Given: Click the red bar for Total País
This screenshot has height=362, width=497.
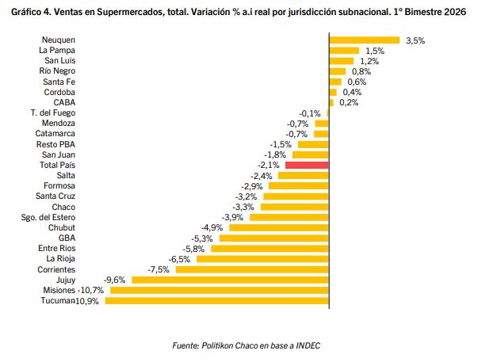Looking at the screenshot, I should coord(307,165).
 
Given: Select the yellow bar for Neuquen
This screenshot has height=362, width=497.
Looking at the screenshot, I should coord(364,40).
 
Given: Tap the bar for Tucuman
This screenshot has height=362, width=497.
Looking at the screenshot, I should coord(216,301).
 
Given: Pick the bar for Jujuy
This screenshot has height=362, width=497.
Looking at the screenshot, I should coord(230,280).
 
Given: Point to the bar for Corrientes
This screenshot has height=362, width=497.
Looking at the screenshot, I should coord(252,269).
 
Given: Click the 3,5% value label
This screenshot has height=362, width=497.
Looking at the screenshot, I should coord(415,40).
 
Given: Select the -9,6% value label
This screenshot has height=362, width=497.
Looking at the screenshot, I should coord(115,280).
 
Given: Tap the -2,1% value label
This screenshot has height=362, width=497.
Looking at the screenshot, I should coord(270,165).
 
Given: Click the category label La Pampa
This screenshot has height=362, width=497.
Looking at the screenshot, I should coord(57,50).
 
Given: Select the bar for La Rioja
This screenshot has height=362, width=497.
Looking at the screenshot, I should coord(262,259).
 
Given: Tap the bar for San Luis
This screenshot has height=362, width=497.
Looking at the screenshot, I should coord(341,60).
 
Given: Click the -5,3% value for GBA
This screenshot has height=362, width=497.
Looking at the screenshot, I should coord(202,238).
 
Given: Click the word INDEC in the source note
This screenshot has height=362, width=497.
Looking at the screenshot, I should coord(308,345).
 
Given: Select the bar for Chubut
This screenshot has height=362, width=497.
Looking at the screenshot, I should coord(277,227).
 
